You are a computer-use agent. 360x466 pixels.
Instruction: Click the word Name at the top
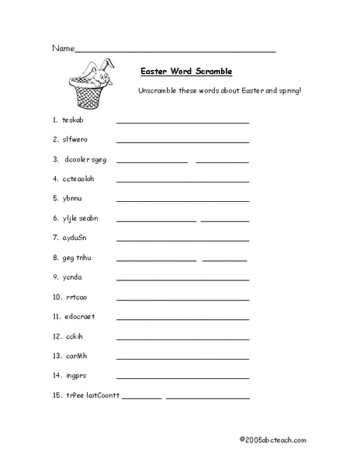63,48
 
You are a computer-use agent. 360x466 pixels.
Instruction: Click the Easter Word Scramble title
186,71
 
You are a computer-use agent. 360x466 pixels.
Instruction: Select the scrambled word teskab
74,120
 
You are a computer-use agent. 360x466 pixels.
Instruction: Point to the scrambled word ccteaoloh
78,179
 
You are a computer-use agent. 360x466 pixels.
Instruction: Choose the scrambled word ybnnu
72,198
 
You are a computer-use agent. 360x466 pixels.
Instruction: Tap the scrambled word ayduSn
74,238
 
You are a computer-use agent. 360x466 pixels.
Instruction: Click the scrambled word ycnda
72,277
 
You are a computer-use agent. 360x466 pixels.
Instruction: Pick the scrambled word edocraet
80,317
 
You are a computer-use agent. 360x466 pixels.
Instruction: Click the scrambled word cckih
74,336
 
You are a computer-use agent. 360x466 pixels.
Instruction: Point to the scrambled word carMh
75,356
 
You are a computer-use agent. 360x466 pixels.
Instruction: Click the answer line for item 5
182,200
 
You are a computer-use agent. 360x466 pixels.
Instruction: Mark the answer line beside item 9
182,280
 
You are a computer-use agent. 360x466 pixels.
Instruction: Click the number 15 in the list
56,396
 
